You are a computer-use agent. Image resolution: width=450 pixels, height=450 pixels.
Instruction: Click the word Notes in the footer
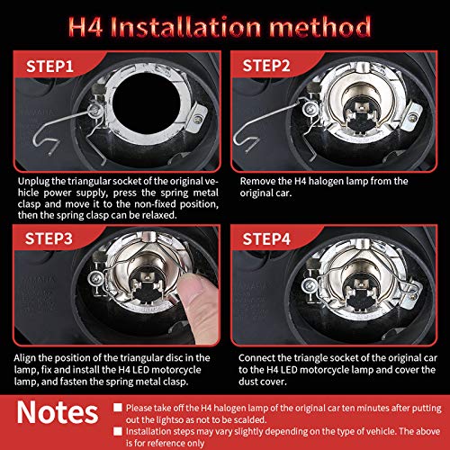click(x=59, y=413)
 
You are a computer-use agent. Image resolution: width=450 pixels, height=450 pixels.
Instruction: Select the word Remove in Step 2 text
click(x=259, y=180)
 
